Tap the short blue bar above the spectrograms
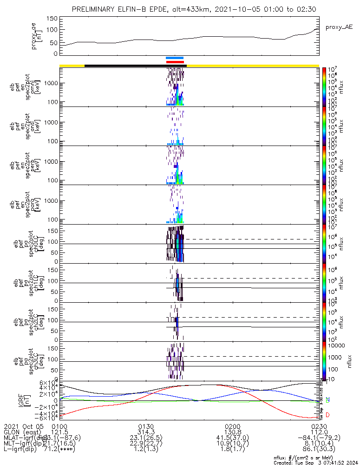(x=175, y=58)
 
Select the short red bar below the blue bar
(x=175, y=62)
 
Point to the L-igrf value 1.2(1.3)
(x=146, y=449)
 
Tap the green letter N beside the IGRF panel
(x=327, y=399)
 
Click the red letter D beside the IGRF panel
(x=327, y=415)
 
